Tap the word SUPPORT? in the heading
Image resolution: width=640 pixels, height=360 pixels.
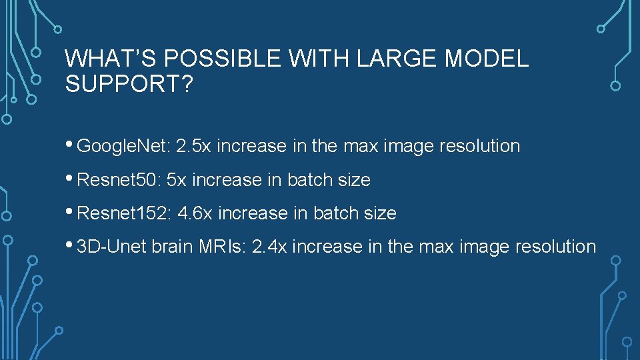pyautogui.click(x=127, y=85)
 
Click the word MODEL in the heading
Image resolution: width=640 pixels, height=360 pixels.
pyautogui.click(x=487, y=59)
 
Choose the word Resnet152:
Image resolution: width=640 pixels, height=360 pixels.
pyautogui.click(x=123, y=214)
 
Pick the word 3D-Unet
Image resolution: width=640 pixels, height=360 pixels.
pyautogui.click(x=112, y=247)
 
